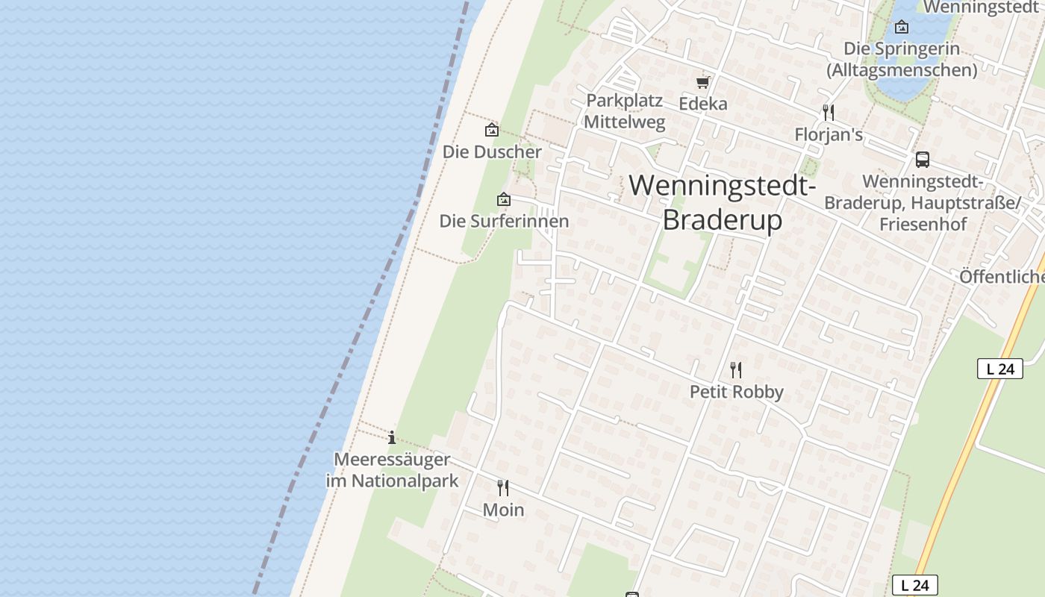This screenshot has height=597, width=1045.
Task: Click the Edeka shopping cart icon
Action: [x=702, y=82]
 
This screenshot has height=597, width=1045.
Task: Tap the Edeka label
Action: [x=702, y=104]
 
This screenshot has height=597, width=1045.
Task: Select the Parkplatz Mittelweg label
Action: [x=625, y=111]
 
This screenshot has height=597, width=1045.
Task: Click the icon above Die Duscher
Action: [x=492, y=130]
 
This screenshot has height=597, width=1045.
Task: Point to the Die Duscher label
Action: [x=492, y=151]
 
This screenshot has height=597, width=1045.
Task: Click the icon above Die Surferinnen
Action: [x=504, y=199]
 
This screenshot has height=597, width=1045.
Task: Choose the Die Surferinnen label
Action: [x=504, y=221]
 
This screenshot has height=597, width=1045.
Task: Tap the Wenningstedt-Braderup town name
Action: [x=723, y=202]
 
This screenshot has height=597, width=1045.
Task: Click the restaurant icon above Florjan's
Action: [x=828, y=113]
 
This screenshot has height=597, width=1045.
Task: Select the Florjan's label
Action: [x=829, y=135]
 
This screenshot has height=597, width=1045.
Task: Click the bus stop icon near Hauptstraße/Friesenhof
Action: [x=923, y=159]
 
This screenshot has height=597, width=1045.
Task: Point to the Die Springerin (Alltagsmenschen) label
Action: [x=902, y=59]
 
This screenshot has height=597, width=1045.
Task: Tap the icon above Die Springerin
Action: [x=902, y=28]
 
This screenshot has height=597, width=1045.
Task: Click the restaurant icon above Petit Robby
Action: [x=736, y=369]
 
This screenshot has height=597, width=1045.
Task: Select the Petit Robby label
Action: [x=736, y=392]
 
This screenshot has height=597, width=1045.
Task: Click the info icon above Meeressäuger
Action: [x=392, y=437]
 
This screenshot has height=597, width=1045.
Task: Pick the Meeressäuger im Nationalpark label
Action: [x=392, y=470]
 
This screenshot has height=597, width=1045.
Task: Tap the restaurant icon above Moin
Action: [x=503, y=488]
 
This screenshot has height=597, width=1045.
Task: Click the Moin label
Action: [x=503, y=510]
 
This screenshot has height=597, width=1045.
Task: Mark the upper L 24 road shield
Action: [x=999, y=369]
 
